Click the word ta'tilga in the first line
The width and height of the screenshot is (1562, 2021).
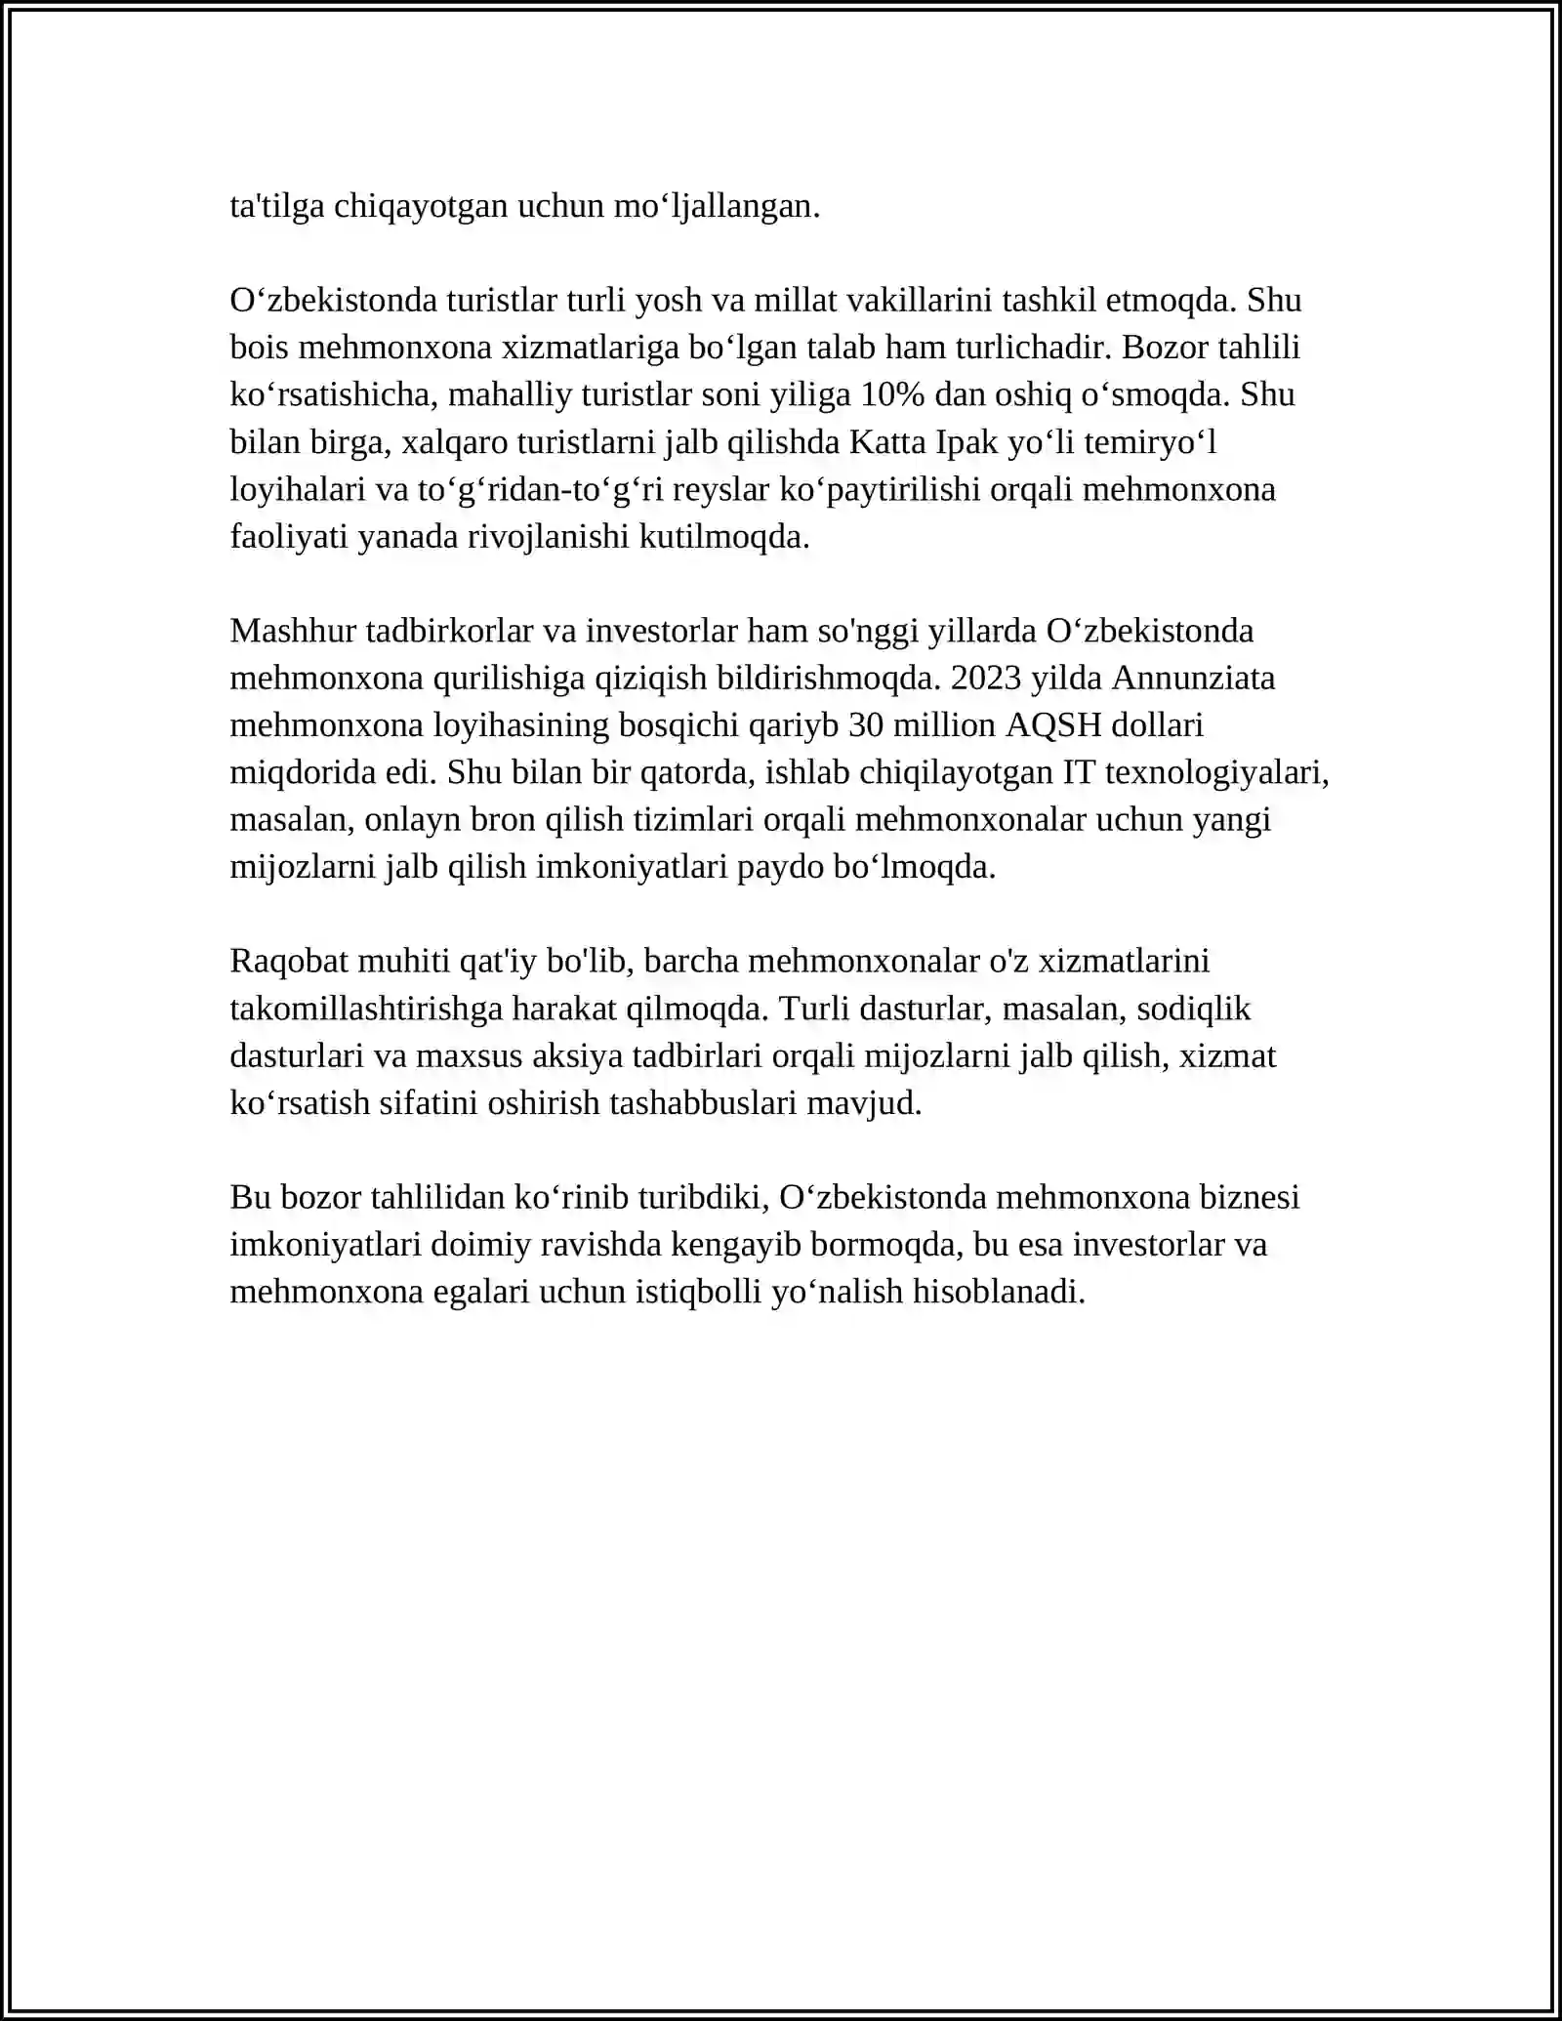click(277, 207)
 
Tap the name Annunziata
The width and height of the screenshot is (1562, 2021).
click(1194, 679)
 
